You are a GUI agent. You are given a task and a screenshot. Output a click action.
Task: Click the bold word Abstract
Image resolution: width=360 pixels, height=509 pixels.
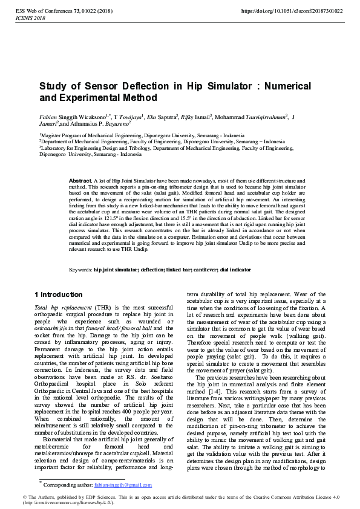pyautogui.click(x=80, y=181)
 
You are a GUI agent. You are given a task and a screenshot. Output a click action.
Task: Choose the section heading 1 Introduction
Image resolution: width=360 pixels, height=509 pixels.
pyautogui.click(x=62, y=294)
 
